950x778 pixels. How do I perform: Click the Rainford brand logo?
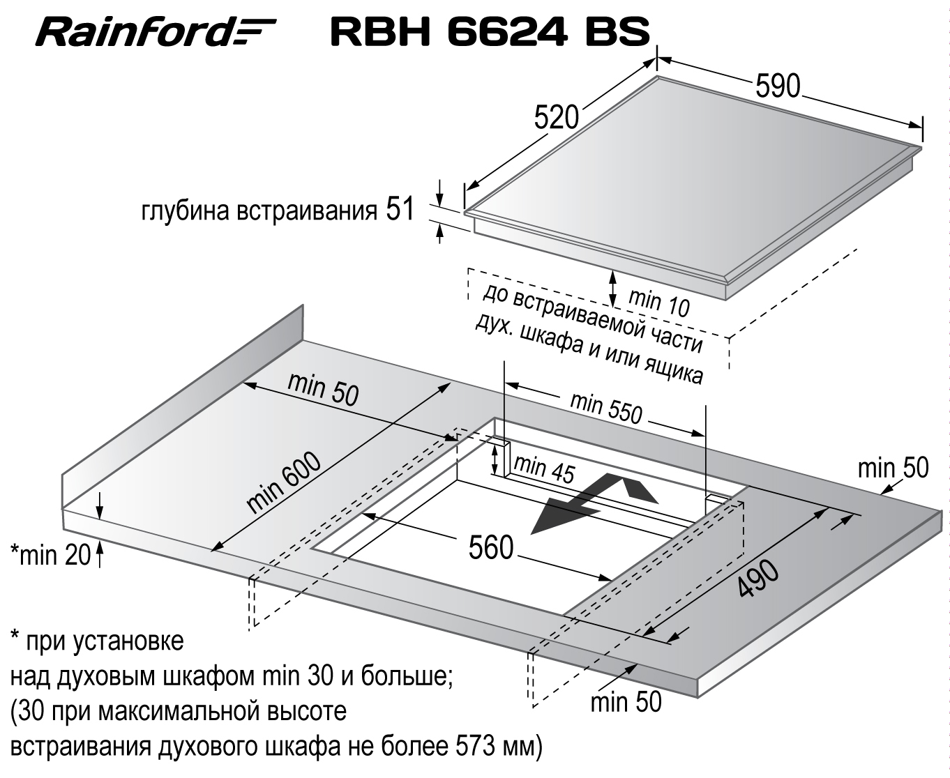coord(156,32)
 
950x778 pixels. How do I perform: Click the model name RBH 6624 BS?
coord(490,31)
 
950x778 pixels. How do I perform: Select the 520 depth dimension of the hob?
coord(557,118)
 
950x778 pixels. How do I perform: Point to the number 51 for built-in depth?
coord(400,209)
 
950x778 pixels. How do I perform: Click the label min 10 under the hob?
coord(659,302)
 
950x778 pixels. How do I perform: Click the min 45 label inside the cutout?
coord(544,469)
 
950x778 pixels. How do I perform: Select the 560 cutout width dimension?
coord(491,547)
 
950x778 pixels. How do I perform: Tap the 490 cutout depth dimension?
coord(759,579)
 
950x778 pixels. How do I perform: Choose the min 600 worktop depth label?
coord(284,482)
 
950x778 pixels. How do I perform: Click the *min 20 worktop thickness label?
coord(50,554)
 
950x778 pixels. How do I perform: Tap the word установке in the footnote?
coord(128,641)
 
